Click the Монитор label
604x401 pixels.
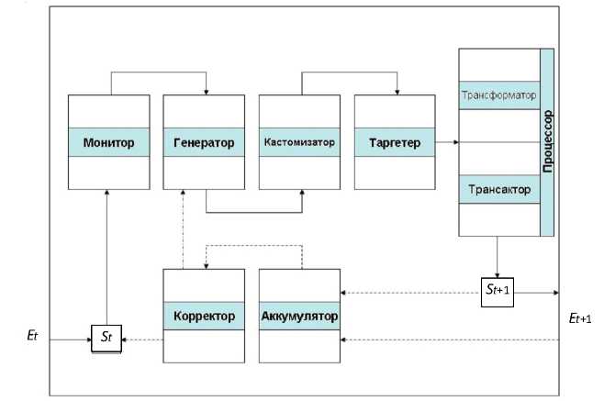click(x=108, y=143)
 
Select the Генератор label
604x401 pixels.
click(x=204, y=143)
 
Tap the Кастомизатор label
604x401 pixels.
click(x=299, y=143)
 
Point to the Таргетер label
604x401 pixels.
click(x=394, y=143)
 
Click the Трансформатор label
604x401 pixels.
click(x=498, y=95)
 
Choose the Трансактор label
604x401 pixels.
click(x=498, y=190)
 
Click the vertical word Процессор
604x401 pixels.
click(x=548, y=142)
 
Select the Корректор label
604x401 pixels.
click(x=204, y=317)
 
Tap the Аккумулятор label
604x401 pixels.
click(x=299, y=317)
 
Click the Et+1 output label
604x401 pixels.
click(x=578, y=317)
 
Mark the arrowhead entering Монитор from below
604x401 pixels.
click(x=107, y=192)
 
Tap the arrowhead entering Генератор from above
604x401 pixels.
click(x=207, y=92)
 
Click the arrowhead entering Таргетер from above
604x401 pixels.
click(x=397, y=92)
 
